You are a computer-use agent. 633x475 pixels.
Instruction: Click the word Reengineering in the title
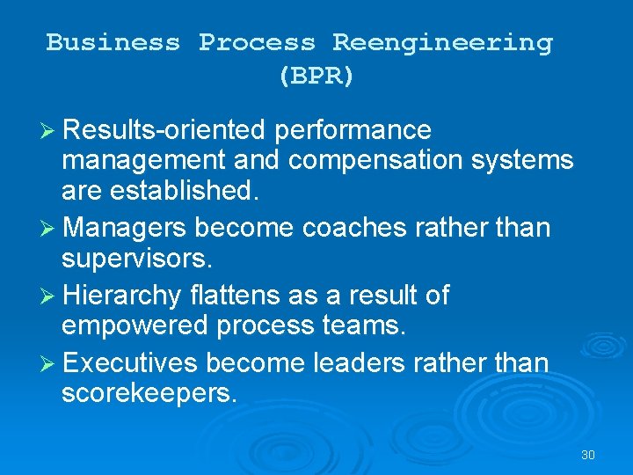click(442, 42)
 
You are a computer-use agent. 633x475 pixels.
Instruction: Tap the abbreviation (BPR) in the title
click(316, 77)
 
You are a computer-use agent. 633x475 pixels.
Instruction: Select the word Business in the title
click(113, 42)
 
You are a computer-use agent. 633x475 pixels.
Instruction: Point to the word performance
click(353, 130)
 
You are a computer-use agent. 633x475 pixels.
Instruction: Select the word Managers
click(125, 228)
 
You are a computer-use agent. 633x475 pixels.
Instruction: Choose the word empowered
click(135, 325)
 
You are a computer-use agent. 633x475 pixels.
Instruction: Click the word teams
click(364, 325)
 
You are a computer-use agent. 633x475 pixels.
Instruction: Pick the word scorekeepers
click(149, 392)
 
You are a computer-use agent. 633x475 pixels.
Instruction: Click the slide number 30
click(588, 455)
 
